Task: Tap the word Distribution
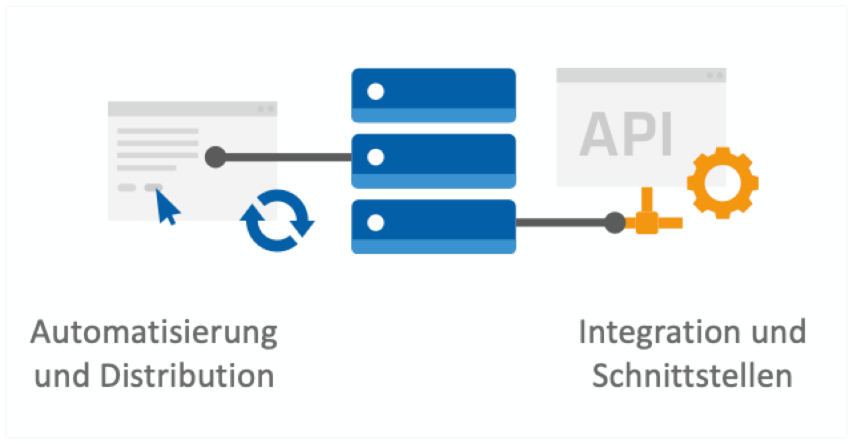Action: [x=188, y=376]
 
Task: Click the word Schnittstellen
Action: [x=692, y=376]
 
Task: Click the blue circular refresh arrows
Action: [x=277, y=221]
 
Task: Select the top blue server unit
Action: [x=433, y=95]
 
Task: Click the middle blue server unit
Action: [x=433, y=161]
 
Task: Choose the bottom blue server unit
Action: [x=433, y=226]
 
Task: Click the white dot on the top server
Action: [x=376, y=91]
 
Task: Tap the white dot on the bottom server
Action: [x=376, y=222]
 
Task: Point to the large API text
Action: [x=626, y=132]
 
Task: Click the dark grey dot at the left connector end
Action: [x=215, y=158]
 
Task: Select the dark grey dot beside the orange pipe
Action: [x=615, y=223]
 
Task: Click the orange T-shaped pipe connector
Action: [x=645, y=219]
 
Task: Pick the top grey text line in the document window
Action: [x=158, y=131]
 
